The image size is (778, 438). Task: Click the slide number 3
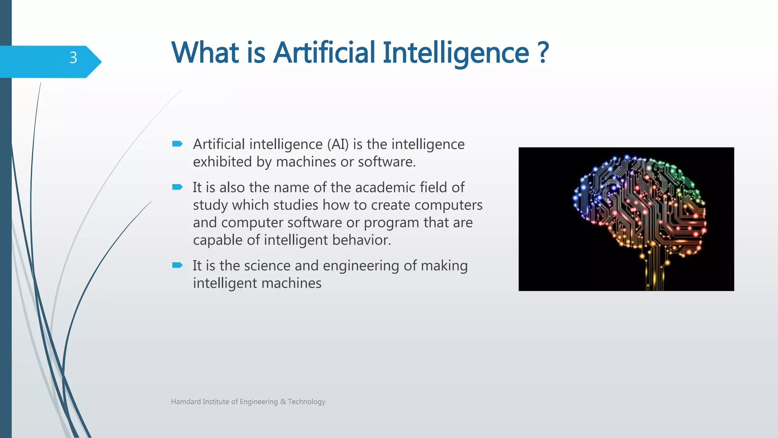(73, 58)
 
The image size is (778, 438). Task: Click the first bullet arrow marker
(177, 144)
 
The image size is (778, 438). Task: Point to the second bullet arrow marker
(177, 187)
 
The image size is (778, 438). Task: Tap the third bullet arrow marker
(177, 265)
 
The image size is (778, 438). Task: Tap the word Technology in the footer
(307, 401)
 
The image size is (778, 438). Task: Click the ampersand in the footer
(283, 401)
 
